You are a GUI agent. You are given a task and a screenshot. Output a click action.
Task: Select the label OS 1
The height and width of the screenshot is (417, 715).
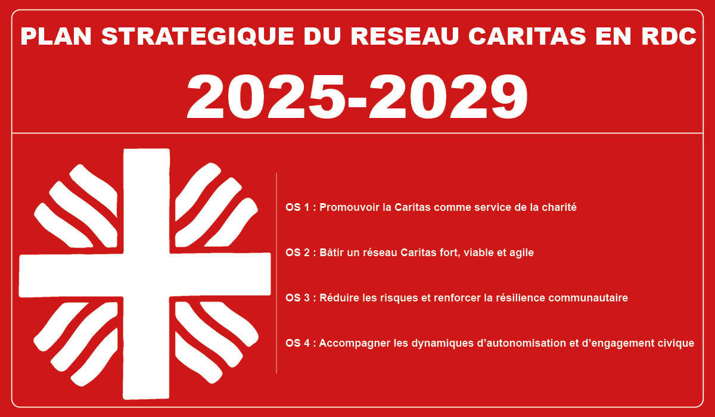[x=298, y=208]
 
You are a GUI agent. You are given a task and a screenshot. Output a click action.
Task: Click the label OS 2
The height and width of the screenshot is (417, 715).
[x=298, y=253]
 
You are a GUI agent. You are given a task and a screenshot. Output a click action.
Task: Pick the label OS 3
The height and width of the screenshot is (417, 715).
[x=298, y=298]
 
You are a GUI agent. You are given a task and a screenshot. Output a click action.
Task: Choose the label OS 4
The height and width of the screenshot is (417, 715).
[x=298, y=343]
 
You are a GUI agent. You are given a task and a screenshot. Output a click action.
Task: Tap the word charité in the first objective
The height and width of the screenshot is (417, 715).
[x=558, y=208]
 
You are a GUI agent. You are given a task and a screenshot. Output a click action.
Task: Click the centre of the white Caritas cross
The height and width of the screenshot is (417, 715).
[x=145, y=274]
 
